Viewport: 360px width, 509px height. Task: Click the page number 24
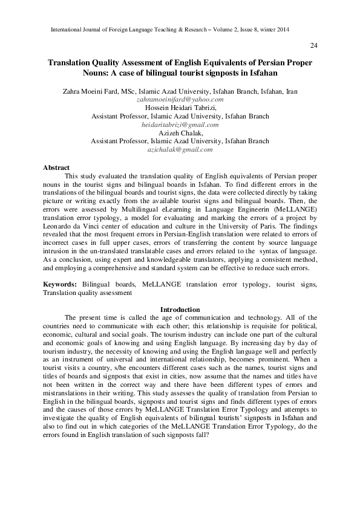tap(313, 46)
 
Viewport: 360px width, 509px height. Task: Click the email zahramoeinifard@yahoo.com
tap(180, 99)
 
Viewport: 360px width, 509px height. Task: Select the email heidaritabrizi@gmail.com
tap(180, 125)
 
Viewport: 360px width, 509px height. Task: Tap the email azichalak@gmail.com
tap(180, 149)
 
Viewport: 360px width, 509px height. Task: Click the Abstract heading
tap(56, 167)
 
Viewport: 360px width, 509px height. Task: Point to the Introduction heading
tap(180, 310)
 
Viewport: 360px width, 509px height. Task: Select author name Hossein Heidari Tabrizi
tap(180, 108)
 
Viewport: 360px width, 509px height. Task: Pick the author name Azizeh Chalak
tap(180, 132)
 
